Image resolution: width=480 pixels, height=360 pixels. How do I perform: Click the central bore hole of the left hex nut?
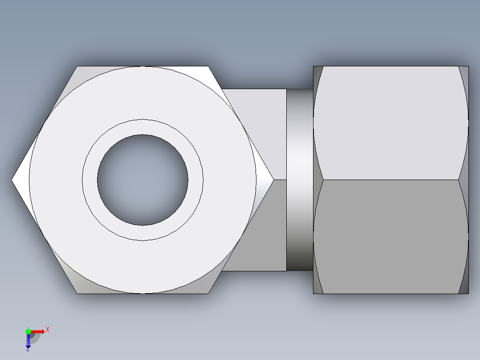coord(142,180)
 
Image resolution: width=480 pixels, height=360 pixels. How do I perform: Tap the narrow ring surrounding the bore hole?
coord(142,127)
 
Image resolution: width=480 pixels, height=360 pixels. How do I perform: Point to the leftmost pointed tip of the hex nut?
coord(12,180)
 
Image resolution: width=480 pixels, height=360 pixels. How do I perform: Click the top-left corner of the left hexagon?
coord(77,67)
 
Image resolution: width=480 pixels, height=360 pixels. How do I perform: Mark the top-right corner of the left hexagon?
coord(208,67)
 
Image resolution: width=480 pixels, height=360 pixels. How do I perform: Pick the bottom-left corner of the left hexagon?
coord(77,293)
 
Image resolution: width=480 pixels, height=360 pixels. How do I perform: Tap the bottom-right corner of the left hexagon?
coord(208,293)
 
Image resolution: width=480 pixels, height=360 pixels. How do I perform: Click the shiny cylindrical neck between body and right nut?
coord(300,180)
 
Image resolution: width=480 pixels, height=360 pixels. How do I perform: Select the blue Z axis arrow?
coord(28,341)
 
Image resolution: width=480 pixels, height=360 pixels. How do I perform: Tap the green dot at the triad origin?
coord(28,331)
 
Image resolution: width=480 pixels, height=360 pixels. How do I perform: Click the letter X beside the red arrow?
coord(47,329)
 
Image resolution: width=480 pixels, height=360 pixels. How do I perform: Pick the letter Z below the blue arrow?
coord(28,349)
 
